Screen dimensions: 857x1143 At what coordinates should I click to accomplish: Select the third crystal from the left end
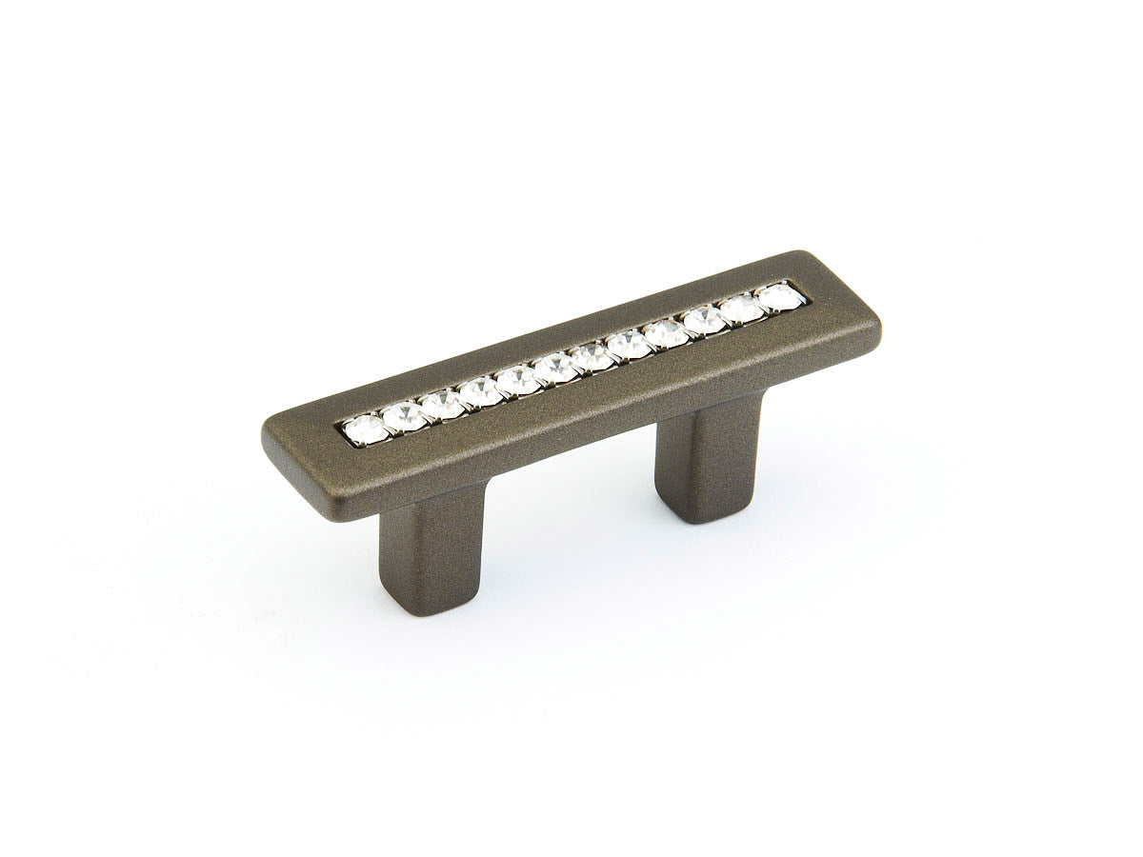(x=442, y=405)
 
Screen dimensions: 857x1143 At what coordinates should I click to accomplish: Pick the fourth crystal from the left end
(x=480, y=392)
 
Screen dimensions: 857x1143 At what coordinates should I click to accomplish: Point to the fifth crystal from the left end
(x=517, y=381)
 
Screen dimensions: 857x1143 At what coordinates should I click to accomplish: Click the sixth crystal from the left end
(x=554, y=369)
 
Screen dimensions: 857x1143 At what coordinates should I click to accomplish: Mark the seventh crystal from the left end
(x=592, y=357)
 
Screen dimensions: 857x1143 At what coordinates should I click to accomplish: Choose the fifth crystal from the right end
(x=629, y=345)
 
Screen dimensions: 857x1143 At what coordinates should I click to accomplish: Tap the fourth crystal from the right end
(x=666, y=332)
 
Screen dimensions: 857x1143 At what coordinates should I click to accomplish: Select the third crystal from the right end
(x=704, y=320)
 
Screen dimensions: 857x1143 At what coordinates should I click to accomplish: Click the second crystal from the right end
(x=741, y=309)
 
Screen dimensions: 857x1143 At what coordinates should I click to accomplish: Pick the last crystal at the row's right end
(x=779, y=296)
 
